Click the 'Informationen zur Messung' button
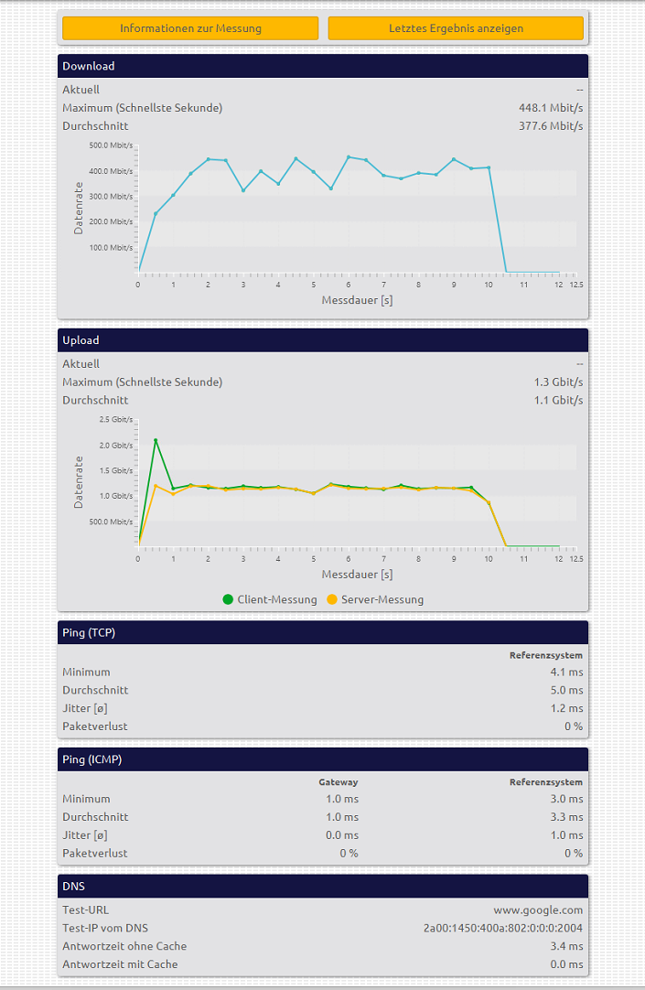pyautogui.click(x=190, y=28)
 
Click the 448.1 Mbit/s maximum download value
pyautogui.click(x=551, y=108)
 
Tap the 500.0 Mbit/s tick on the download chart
pyautogui.click(x=111, y=145)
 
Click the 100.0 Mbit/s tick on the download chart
pyautogui.click(x=111, y=247)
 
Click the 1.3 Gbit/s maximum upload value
pyautogui.click(x=558, y=382)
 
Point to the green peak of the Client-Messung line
pyautogui.click(x=156, y=440)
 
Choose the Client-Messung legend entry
pyautogui.click(x=270, y=599)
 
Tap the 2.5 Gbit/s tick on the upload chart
pyautogui.click(x=115, y=419)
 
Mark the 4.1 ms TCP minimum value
pyautogui.click(x=574, y=672)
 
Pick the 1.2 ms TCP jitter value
pyautogui.click(x=574, y=708)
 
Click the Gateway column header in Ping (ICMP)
pyautogui.click(x=339, y=782)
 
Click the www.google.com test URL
pyautogui.click(x=538, y=910)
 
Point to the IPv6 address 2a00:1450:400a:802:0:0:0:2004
pyautogui.click(x=502, y=928)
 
